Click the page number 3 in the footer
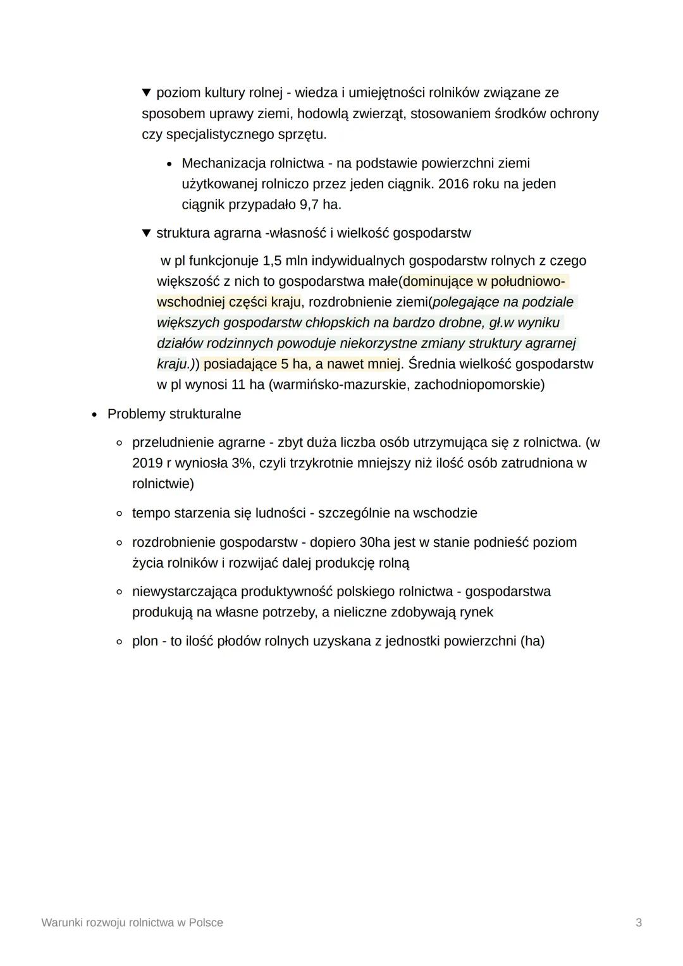tap(639, 922)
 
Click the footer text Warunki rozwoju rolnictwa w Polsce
tap(132, 922)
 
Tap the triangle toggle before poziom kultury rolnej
tap(147, 93)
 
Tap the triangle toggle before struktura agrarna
tap(147, 233)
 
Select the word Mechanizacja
tap(223, 163)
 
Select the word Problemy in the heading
tap(134, 414)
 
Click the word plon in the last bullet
tap(145, 641)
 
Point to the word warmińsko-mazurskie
tap(340, 384)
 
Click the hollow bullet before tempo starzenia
tap(119, 513)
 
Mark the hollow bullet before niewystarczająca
tap(119, 592)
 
